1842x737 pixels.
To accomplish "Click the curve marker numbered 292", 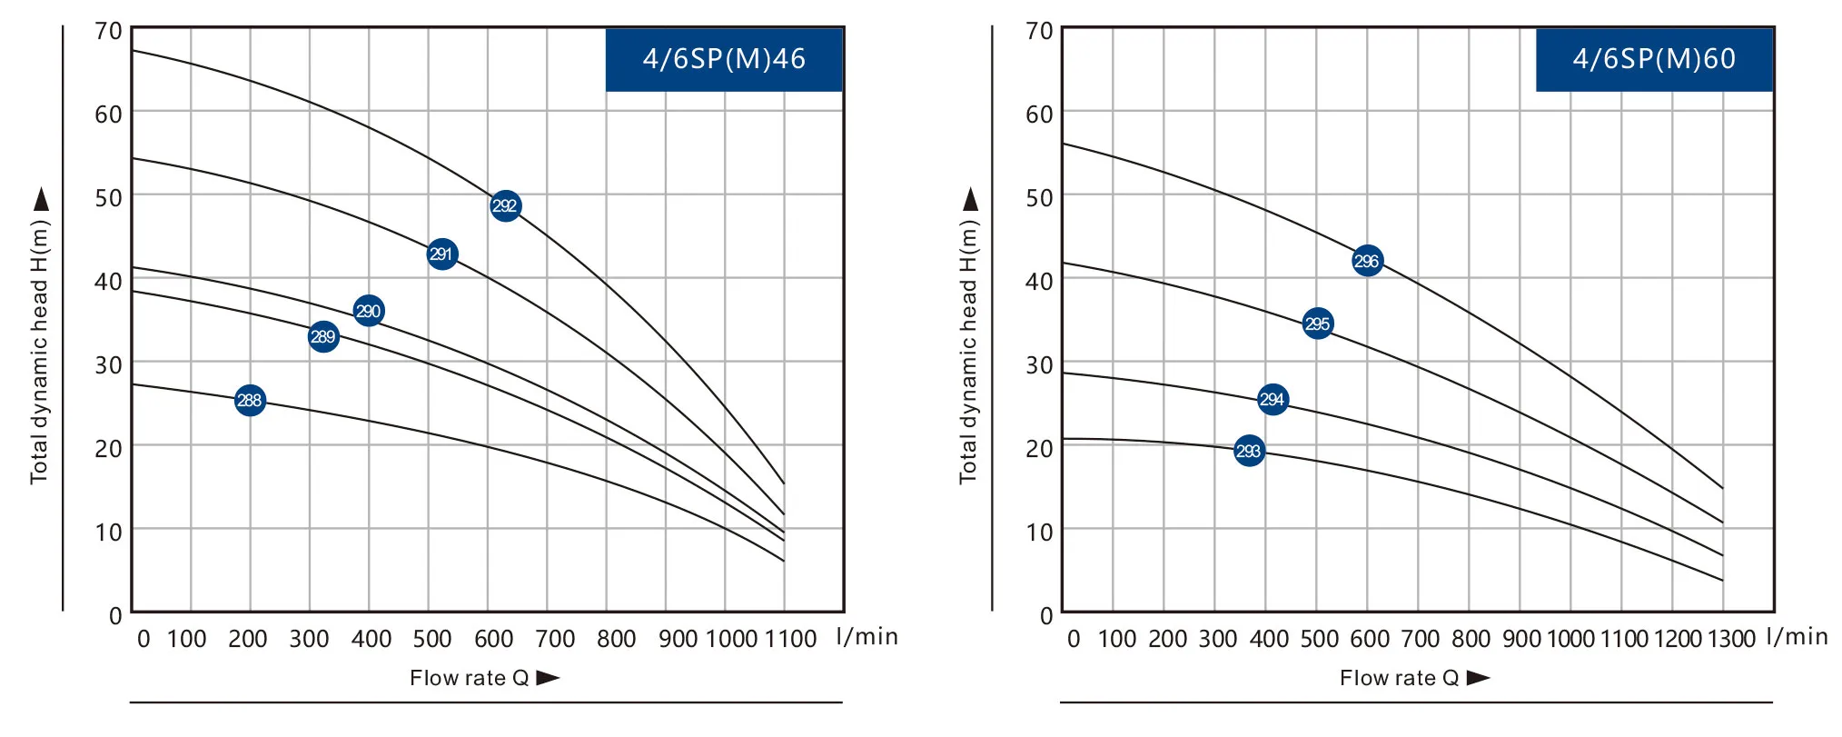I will tap(505, 206).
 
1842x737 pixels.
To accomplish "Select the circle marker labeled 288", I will tap(250, 400).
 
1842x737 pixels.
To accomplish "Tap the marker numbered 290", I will tap(368, 311).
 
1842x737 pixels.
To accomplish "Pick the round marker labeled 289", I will tap(323, 337).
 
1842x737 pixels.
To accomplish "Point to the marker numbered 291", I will tap(441, 254).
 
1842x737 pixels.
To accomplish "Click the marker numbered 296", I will tap(1367, 262).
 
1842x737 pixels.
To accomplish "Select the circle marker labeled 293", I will tap(1249, 451).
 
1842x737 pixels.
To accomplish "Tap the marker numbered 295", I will tap(1318, 324).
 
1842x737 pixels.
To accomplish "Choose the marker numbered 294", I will tap(1273, 400).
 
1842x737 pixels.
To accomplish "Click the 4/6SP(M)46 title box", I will tap(724, 59).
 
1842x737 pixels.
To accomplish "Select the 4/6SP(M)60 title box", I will tap(1654, 59).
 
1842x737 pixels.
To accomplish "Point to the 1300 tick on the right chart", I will tap(1731, 639).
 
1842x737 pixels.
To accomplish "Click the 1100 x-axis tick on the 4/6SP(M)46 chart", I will tap(790, 639).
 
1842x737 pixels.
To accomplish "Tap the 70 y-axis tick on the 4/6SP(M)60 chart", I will tap(1039, 32).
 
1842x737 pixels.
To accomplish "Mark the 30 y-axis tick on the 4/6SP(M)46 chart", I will tap(109, 365).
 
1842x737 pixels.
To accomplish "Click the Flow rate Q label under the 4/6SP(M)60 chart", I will tap(1399, 678).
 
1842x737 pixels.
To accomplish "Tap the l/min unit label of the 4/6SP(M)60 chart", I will tap(1797, 636).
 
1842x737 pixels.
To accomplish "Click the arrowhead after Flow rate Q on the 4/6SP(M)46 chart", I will tap(549, 678).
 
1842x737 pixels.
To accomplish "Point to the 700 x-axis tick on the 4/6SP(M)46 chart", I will tap(555, 639).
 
